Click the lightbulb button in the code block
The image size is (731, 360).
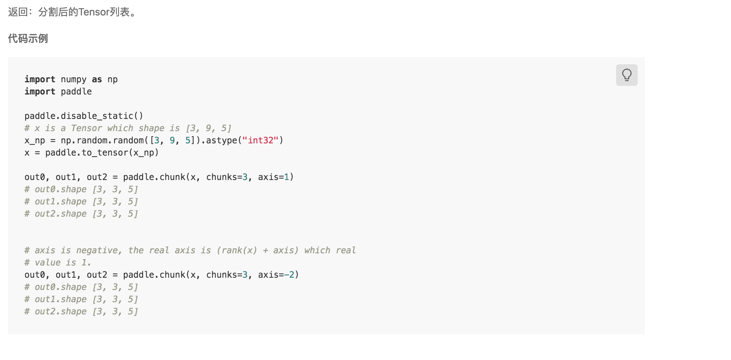pos(627,75)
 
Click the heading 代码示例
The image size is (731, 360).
pos(28,38)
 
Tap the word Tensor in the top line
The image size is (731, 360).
pos(94,12)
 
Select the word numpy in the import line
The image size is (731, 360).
pos(74,79)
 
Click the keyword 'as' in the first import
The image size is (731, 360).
pos(97,79)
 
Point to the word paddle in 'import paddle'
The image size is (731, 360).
pos(76,92)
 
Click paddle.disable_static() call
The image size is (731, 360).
pos(84,116)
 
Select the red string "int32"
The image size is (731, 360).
pos(260,140)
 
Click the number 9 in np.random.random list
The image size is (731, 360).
pos(172,140)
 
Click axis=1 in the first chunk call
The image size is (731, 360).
pos(274,177)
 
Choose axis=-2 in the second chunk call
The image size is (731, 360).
pos(276,275)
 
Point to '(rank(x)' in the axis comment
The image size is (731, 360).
pos(237,250)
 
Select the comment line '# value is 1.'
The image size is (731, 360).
pos(58,263)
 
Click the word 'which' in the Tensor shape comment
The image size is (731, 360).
pos(120,128)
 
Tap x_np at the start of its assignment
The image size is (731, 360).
pos(34,140)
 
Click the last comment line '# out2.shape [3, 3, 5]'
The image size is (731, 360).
pos(81,311)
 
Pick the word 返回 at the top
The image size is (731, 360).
pos(18,12)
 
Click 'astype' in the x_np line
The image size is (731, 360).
pos(222,140)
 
